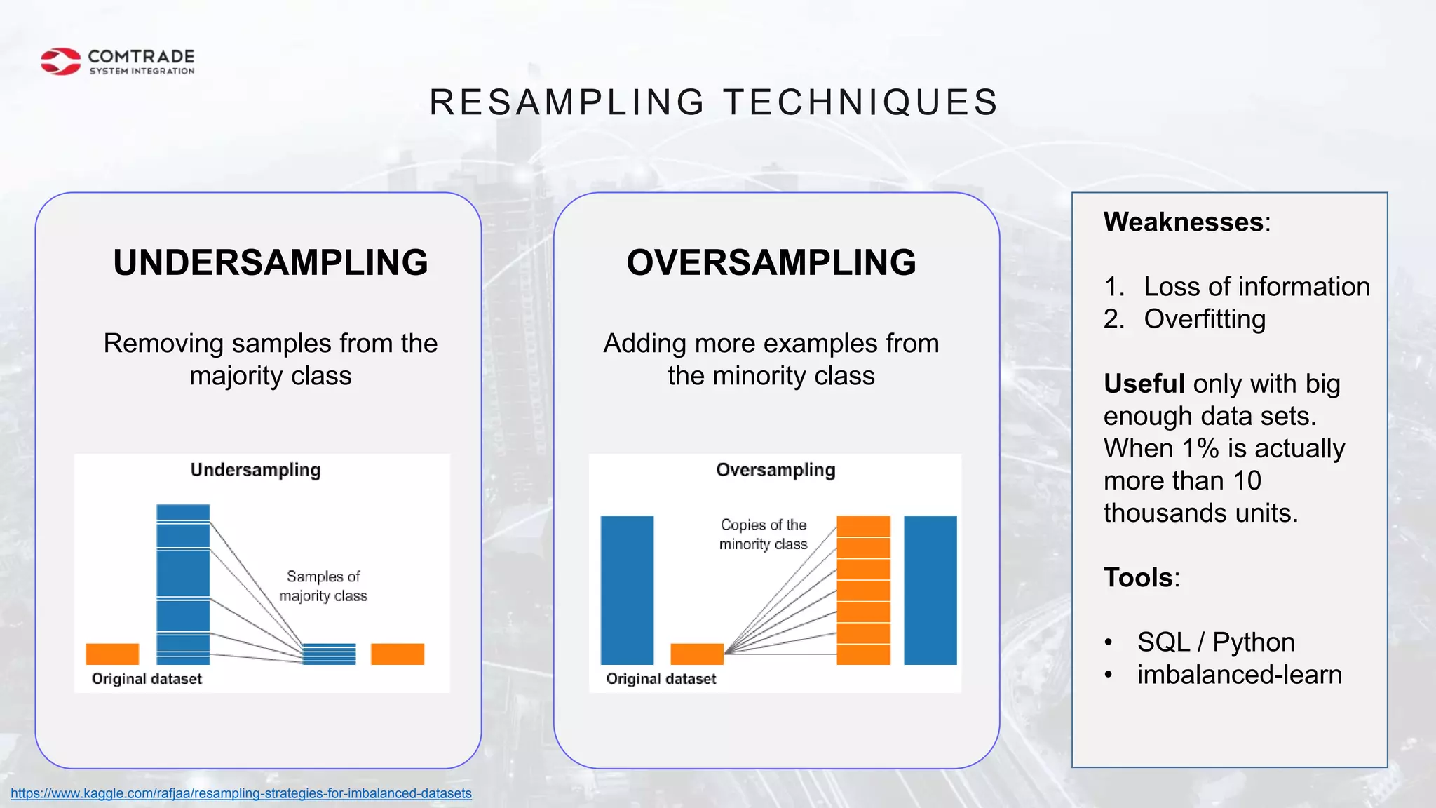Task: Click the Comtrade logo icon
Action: point(61,62)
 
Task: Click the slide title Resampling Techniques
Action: point(713,102)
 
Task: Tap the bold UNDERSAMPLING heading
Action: point(271,263)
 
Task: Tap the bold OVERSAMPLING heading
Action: point(771,263)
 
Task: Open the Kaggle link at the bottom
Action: point(241,793)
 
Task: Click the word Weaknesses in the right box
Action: point(1184,222)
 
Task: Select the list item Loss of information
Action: point(1256,287)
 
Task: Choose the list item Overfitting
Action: point(1204,319)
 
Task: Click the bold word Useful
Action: point(1144,384)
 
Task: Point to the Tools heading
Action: point(1138,578)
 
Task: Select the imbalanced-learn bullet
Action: point(1239,675)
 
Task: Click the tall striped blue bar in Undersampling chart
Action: point(183,584)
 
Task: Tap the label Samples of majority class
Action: point(323,586)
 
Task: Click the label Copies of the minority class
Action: point(763,534)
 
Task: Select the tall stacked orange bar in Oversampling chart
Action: point(863,590)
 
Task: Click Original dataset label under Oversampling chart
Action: point(661,679)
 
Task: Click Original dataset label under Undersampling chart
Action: point(147,679)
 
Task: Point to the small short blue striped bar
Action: point(329,654)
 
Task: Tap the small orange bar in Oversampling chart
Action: point(696,654)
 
